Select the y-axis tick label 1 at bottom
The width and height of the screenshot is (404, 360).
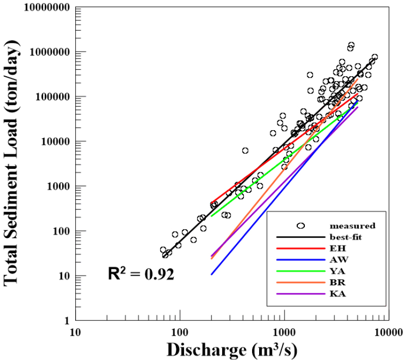coord(66,321)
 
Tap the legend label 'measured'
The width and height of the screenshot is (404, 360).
coord(352,225)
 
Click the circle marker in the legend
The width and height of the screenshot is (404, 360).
coord(300,225)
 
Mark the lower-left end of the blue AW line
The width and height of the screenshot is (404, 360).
coord(211,275)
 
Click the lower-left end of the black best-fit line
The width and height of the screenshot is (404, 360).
coord(164,256)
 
